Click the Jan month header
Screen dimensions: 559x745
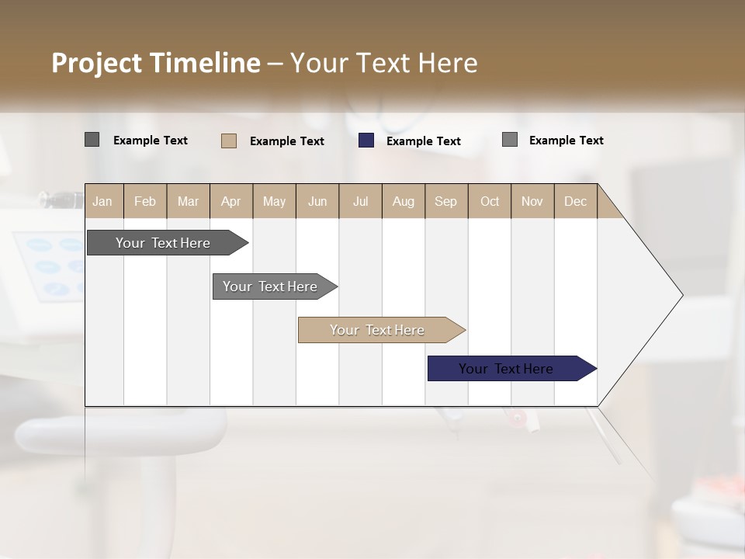coord(102,201)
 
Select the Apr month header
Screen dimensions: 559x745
coord(230,201)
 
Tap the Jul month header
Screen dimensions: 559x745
coord(360,201)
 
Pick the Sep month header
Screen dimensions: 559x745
coord(445,201)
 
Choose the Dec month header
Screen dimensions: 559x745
coord(575,201)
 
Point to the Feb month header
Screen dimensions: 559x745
coord(145,201)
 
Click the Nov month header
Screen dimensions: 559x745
coord(532,201)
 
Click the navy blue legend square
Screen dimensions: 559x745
coord(366,141)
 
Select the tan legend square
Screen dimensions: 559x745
coord(229,141)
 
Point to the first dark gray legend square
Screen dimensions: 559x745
coord(92,140)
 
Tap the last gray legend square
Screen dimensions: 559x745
coord(510,140)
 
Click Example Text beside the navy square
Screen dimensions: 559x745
coord(424,141)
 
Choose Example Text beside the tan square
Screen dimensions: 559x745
coord(287,141)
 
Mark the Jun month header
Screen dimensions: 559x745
coord(317,201)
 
